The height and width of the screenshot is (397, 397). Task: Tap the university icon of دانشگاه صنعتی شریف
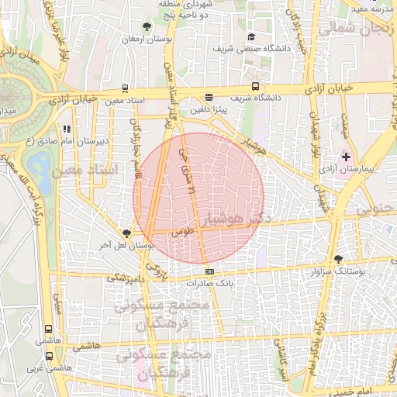(x=250, y=36)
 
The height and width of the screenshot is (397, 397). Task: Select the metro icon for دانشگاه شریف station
(x=256, y=87)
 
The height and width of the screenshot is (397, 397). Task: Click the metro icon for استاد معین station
(x=125, y=89)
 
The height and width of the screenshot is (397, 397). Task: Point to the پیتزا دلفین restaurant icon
(x=209, y=98)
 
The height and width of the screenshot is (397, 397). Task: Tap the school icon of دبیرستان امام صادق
(x=67, y=129)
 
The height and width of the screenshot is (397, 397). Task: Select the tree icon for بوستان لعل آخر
(x=127, y=233)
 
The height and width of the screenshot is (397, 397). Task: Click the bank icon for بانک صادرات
(x=210, y=272)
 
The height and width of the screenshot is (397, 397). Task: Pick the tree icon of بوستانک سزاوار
(x=337, y=260)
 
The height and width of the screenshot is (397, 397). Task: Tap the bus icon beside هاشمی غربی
(x=50, y=356)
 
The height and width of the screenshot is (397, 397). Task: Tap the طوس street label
(x=181, y=231)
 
